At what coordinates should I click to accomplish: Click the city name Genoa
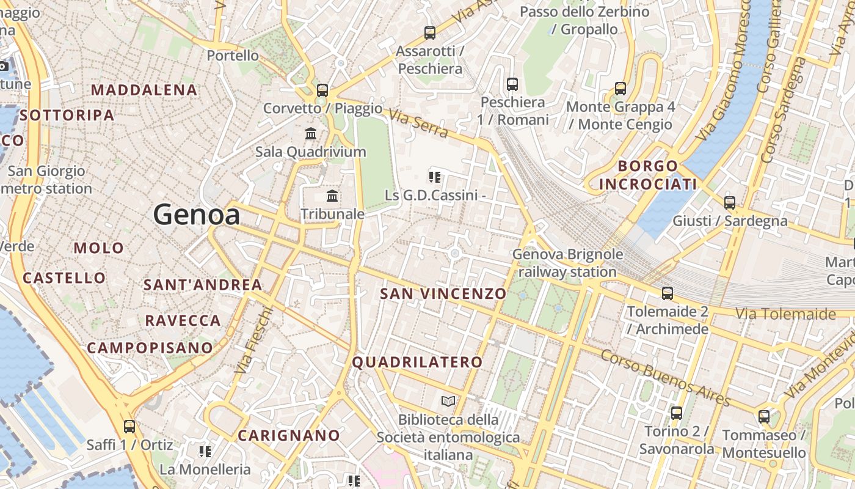pyautogui.click(x=197, y=215)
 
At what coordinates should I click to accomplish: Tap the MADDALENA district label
pyautogui.click(x=144, y=90)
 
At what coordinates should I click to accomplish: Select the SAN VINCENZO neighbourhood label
pyautogui.click(x=443, y=293)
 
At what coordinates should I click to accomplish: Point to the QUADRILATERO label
pyautogui.click(x=418, y=362)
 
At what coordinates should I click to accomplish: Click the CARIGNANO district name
pyautogui.click(x=289, y=435)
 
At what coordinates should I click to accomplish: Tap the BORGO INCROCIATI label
pyautogui.click(x=648, y=175)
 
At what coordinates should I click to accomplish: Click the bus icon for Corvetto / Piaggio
pyautogui.click(x=322, y=90)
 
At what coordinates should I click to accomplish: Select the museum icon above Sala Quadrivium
pyautogui.click(x=311, y=133)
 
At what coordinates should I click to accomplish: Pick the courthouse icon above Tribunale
pyautogui.click(x=332, y=196)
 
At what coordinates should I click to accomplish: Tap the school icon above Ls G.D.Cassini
pyautogui.click(x=435, y=177)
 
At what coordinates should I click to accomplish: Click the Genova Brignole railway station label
pyautogui.click(x=568, y=263)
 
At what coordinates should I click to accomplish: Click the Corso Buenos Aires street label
pyautogui.click(x=666, y=377)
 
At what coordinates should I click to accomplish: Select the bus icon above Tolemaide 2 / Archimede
pyautogui.click(x=668, y=293)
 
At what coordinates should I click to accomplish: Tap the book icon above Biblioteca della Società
pyautogui.click(x=448, y=402)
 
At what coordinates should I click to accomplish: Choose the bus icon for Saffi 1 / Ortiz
pyautogui.click(x=129, y=427)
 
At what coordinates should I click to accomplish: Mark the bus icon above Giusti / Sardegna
pyautogui.click(x=730, y=202)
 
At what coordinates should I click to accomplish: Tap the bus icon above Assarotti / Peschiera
pyautogui.click(x=430, y=33)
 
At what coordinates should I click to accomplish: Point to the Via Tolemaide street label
pyautogui.click(x=785, y=314)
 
